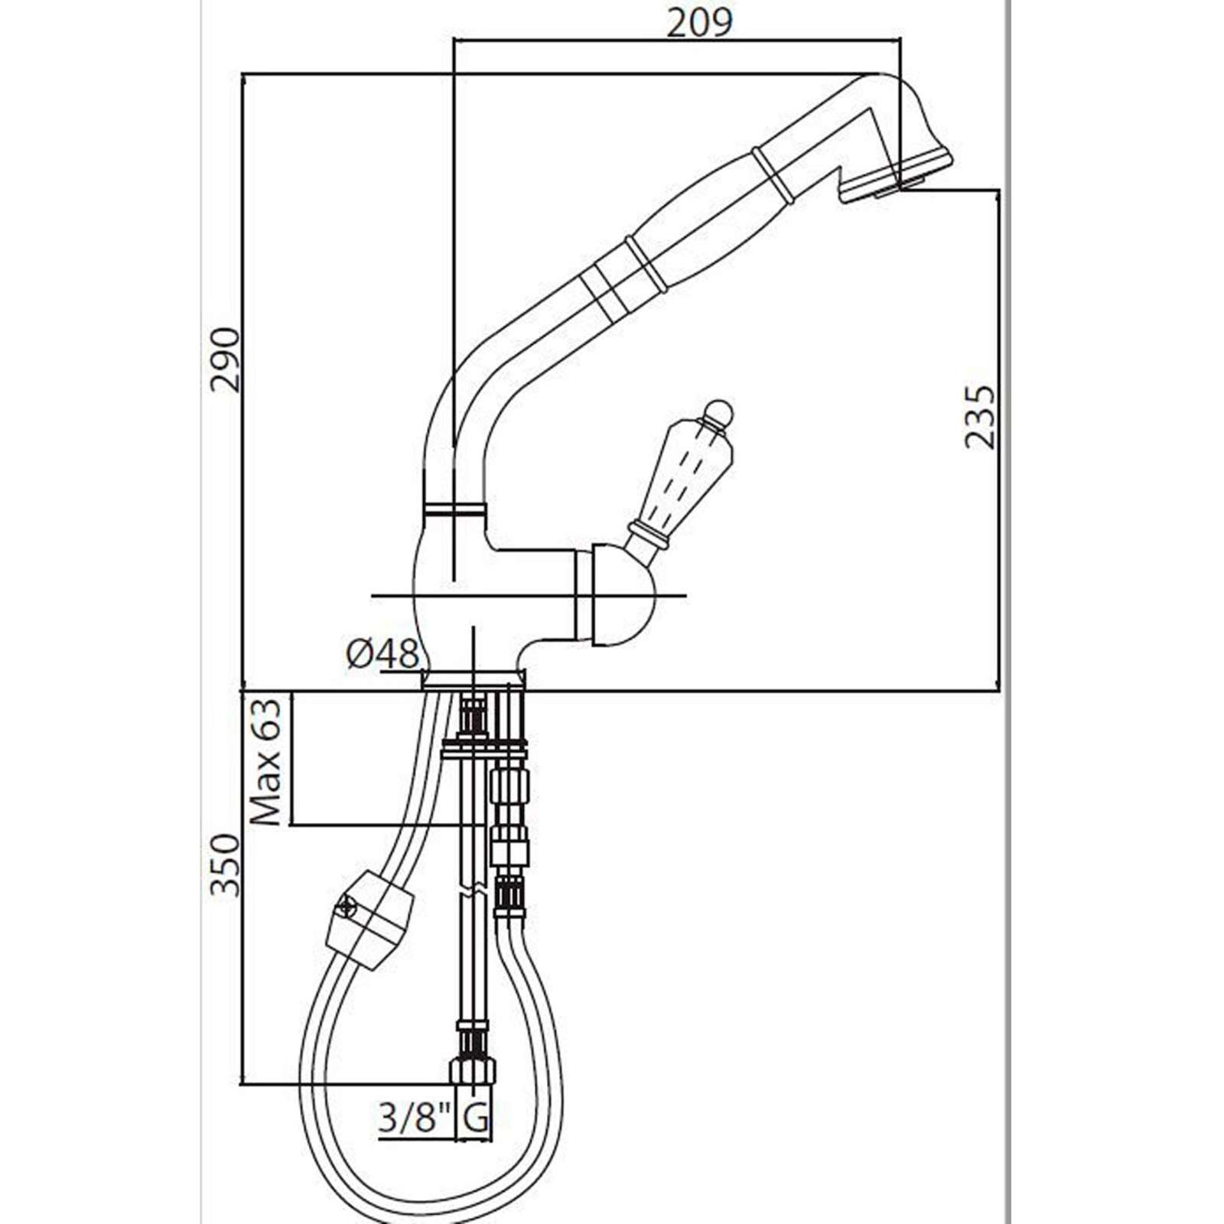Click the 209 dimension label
click(699, 22)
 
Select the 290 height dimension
click(226, 360)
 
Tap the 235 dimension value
click(980, 416)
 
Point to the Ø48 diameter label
click(382, 655)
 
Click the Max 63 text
click(266, 761)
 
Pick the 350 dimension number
click(226, 865)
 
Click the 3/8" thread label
click(413, 1120)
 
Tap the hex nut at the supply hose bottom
click(473, 1069)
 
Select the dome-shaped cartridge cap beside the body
click(617, 594)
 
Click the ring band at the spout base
click(454, 509)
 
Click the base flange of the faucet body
click(474, 679)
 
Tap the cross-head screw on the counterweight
click(345, 908)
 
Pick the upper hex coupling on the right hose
click(508, 783)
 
